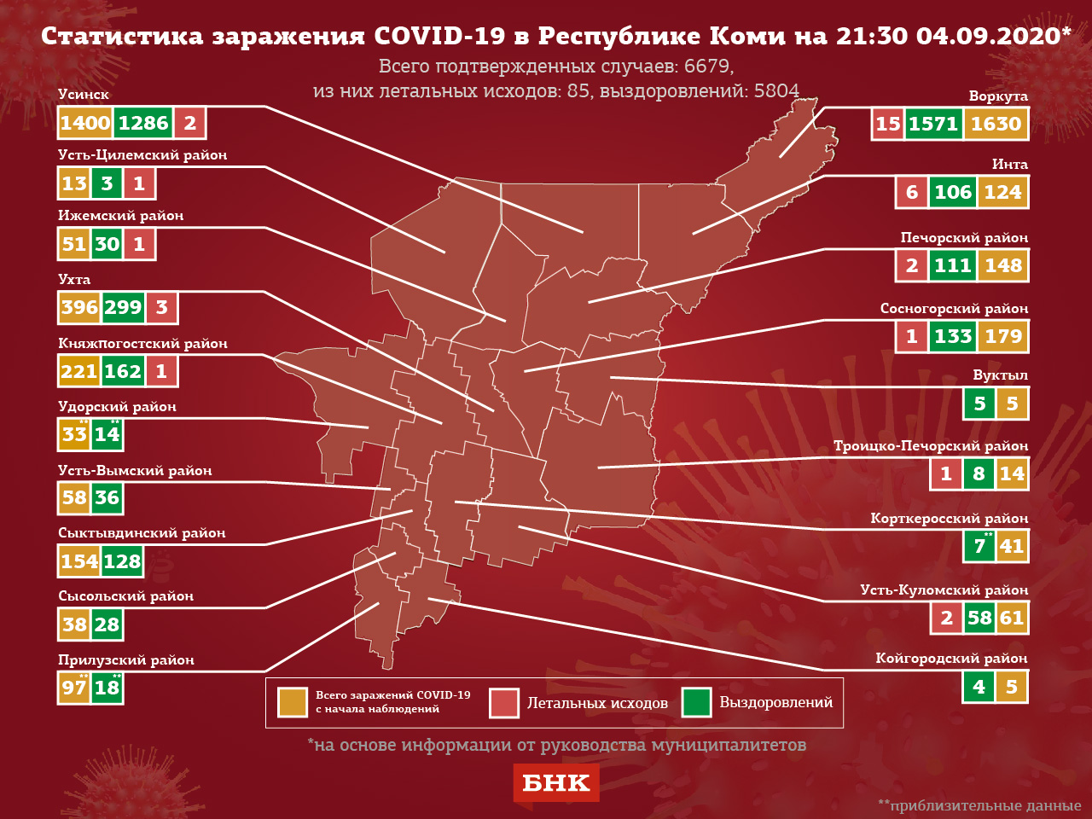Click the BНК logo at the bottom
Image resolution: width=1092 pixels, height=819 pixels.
555,783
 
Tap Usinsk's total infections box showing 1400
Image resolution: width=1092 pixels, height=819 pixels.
85,123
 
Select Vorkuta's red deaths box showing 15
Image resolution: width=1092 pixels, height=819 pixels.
888,124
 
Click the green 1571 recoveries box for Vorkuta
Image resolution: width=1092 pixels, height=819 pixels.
933,124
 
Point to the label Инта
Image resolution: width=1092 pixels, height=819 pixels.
1009,164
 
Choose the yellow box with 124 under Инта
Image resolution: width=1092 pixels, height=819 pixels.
1002,192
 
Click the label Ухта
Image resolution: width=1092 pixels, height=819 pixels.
74,279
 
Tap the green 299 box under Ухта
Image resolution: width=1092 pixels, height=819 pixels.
123,307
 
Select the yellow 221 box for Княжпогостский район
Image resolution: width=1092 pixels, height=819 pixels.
78,370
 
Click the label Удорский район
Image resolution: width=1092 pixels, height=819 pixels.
117,406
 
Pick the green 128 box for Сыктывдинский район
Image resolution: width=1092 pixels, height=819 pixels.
122,561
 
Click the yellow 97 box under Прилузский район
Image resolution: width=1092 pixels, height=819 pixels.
74,688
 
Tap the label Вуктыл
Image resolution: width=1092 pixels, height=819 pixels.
1000,375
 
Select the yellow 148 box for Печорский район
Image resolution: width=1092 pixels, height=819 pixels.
1003,265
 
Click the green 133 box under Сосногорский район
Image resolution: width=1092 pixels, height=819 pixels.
953,336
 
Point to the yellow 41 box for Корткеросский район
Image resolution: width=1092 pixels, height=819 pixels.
1012,546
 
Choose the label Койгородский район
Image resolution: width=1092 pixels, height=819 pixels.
951,658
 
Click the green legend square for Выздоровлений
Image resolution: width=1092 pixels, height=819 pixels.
696,703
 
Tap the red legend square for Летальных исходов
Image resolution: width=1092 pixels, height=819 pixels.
504,703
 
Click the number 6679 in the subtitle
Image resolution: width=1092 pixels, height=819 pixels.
707,66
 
